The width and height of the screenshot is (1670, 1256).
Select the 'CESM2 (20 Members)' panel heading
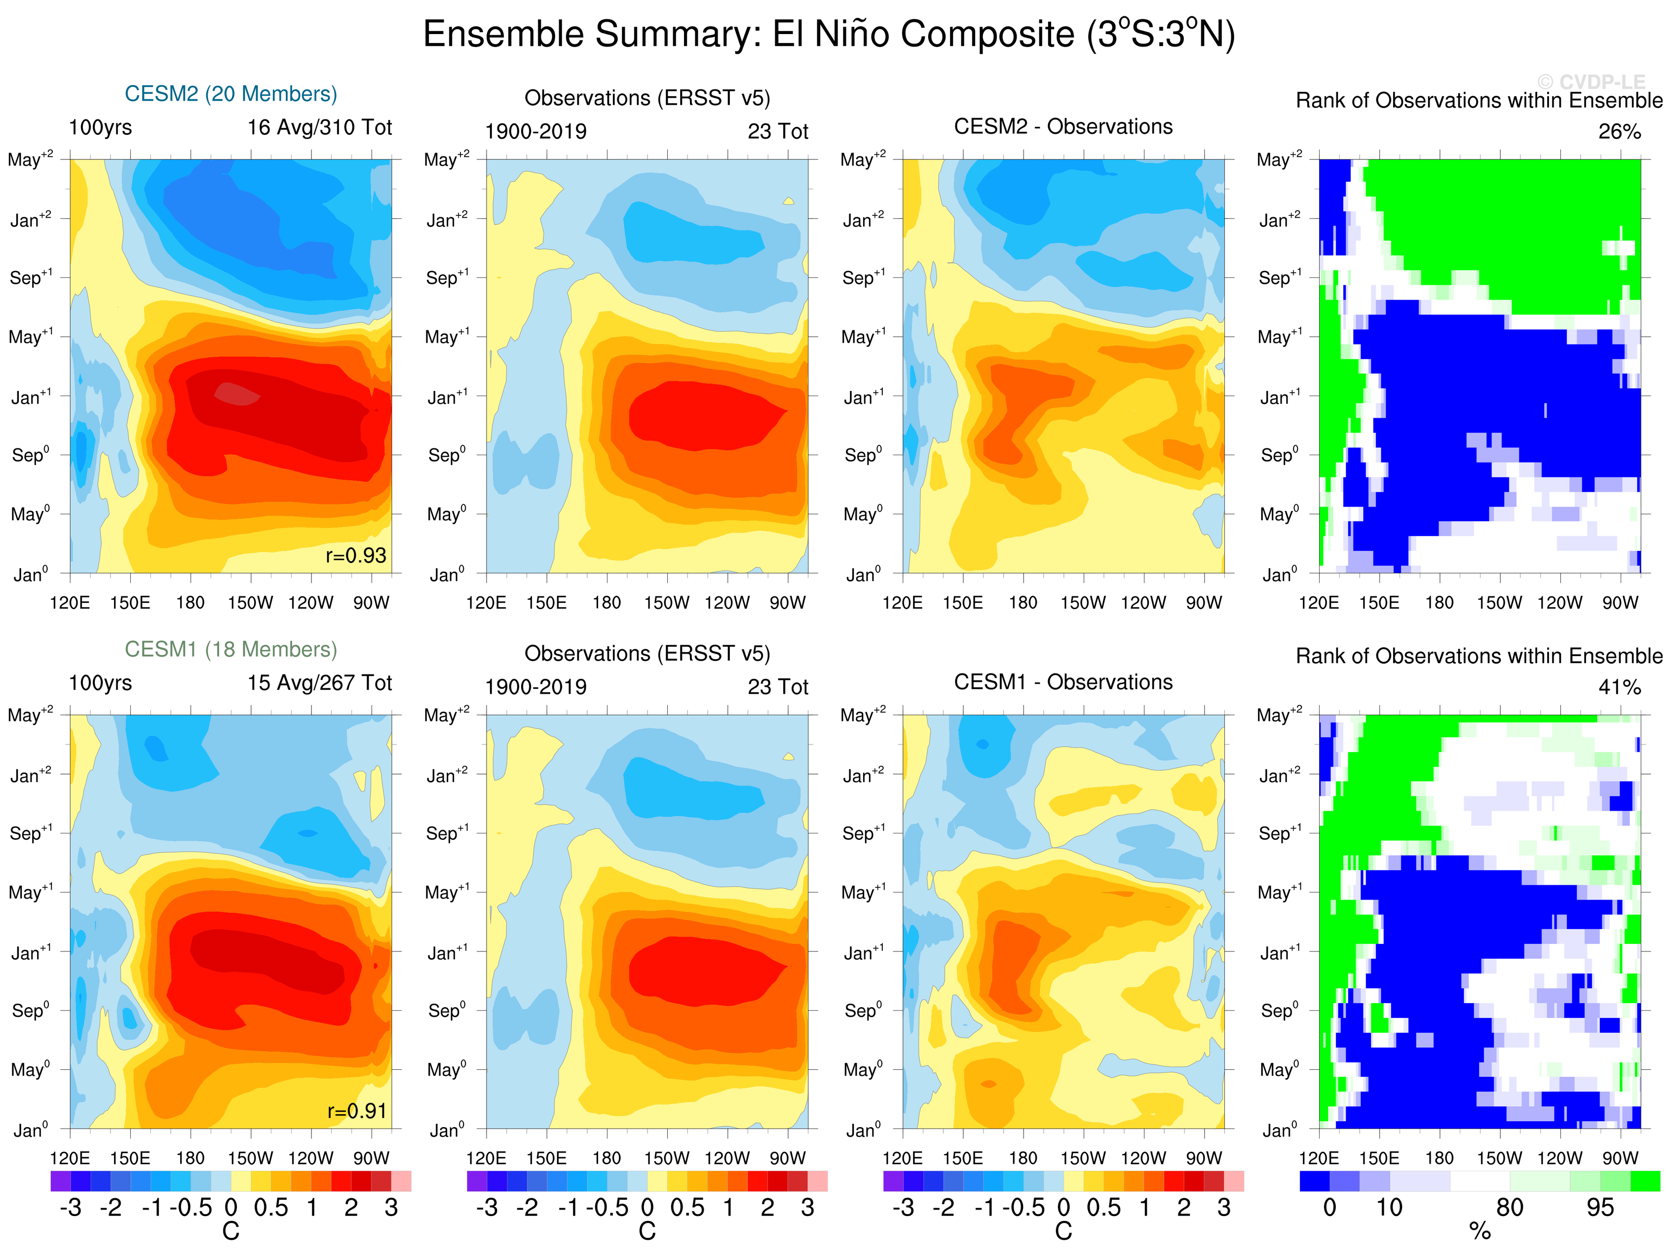tap(230, 94)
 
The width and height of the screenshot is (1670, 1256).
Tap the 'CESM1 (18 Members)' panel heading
tap(230, 650)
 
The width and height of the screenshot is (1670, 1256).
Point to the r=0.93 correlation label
tap(356, 556)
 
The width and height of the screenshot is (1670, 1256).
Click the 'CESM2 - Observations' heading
tap(1063, 127)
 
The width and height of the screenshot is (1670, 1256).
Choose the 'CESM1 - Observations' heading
tap(1063, 682)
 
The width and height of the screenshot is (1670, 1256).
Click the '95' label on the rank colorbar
tap(1600, 1208)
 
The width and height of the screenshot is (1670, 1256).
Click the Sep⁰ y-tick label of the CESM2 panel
tap(31, 455)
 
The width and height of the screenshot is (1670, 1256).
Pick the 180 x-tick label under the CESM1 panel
tap(190, 1158)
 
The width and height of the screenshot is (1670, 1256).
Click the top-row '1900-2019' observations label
tap(535, 132)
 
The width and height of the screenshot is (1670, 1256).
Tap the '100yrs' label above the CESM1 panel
tap(100, 683)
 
